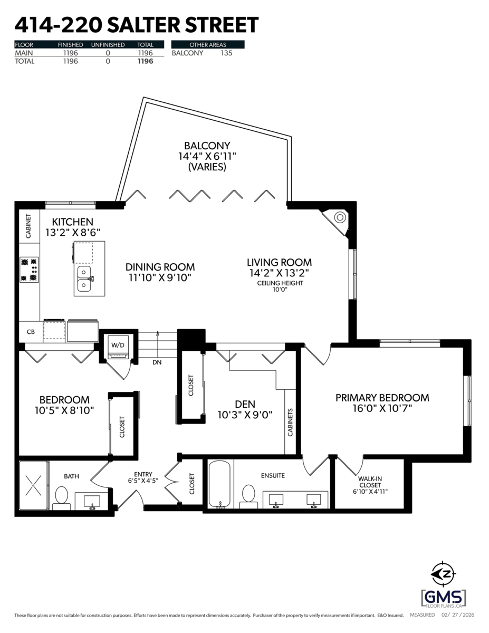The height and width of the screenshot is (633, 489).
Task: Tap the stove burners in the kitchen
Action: point(29,269)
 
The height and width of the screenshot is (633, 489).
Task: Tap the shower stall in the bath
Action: point(34,485)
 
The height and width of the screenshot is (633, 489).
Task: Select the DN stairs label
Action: point(157,362)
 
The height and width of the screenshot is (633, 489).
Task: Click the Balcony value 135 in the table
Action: point(226,53)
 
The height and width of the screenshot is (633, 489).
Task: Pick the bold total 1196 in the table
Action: point(145,61)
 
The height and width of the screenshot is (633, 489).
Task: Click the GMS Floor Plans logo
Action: point(443,598)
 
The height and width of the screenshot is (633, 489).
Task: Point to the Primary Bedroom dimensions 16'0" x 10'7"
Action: point(382,408)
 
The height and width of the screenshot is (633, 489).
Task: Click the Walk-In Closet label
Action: point(369,482)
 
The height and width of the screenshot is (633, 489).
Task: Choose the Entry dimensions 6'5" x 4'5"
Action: point(143,481)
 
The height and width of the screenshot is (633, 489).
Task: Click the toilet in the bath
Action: point(62,497)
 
